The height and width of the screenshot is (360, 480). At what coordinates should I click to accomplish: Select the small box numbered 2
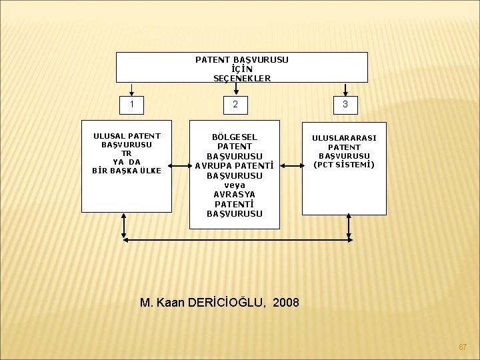coord(235,105)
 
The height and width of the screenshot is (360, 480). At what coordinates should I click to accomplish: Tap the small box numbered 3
coord(345,105)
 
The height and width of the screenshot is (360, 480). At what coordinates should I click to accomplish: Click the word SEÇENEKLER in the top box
coord(242,78)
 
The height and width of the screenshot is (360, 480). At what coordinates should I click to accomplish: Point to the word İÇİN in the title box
coord(242,69)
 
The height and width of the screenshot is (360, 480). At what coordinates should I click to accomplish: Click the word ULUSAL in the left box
coord(109,136)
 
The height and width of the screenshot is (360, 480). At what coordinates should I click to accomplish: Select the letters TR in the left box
coord(127,153)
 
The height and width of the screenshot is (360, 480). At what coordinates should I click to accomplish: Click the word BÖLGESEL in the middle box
coord(235,137)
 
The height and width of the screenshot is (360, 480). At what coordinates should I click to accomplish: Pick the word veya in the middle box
coord(235,185)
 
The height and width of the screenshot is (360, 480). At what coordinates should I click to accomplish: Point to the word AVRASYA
coord(235,194)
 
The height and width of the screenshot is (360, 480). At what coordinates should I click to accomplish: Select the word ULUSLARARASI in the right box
coord(344,138)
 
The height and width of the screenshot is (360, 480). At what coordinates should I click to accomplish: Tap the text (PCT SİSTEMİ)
coord(344,165)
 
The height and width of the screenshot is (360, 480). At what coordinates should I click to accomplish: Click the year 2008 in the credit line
coord(285,302)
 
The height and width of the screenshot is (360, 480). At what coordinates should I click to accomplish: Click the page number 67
coord(463,347)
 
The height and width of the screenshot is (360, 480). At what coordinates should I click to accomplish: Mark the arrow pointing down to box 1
coord(132,91)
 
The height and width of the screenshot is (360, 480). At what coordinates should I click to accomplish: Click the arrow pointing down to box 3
coord(345,91)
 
